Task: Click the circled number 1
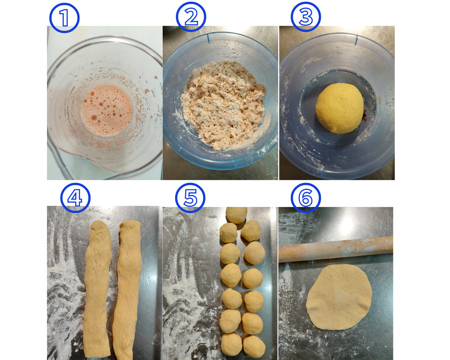point(64,18)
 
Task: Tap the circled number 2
point(191,17)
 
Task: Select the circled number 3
point(306,17)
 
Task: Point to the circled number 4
point(75,198)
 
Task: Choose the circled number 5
point(190,198)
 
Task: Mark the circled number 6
point(306,198)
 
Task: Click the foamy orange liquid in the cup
point(106,110)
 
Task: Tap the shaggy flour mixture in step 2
point(223,105)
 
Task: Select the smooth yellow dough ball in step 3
point(340,108)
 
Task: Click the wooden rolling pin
point(336,249)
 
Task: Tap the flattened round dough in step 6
point(339,297)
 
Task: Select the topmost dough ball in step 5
point(237,215)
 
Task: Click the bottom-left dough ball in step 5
point(231,345)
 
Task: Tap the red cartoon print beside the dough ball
point(364,115)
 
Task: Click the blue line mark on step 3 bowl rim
point(356,40)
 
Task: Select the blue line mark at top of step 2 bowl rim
point(208,39)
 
